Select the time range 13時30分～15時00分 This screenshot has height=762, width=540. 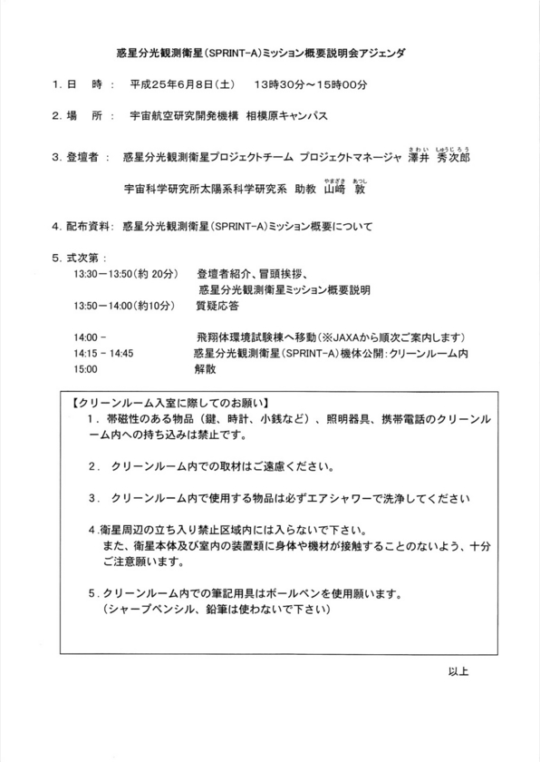(x=312, y=84)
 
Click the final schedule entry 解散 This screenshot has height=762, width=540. (x=205, y=370)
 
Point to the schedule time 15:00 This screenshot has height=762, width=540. (x=87, y=370)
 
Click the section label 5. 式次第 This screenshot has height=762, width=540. (x=80, y=257)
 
